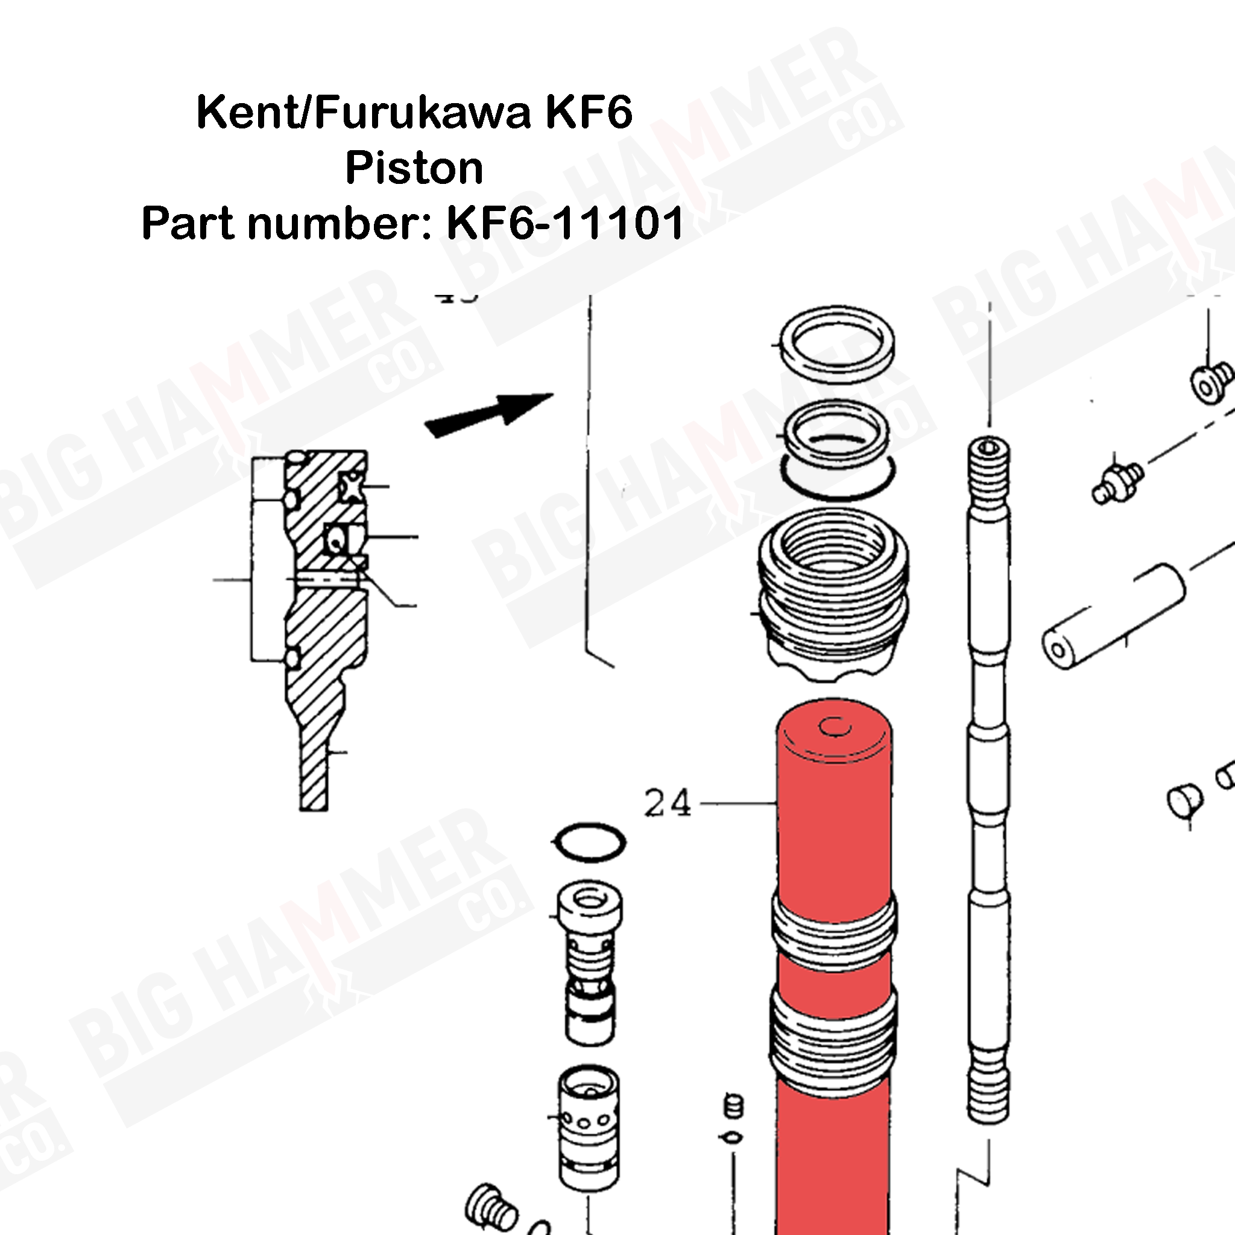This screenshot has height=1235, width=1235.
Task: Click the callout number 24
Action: click(668, 803)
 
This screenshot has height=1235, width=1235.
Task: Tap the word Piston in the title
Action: click(414, 168)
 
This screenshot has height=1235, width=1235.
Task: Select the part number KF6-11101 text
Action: click(565, 223)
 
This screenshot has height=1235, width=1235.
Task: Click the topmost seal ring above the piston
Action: click(836, 343)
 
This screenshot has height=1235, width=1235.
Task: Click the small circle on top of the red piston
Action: click(834, 726)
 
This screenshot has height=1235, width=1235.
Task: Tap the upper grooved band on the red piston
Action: click(833, 920)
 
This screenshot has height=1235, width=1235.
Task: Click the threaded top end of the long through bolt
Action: click(989, 460)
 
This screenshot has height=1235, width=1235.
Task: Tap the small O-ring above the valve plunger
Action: click(589, 842)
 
